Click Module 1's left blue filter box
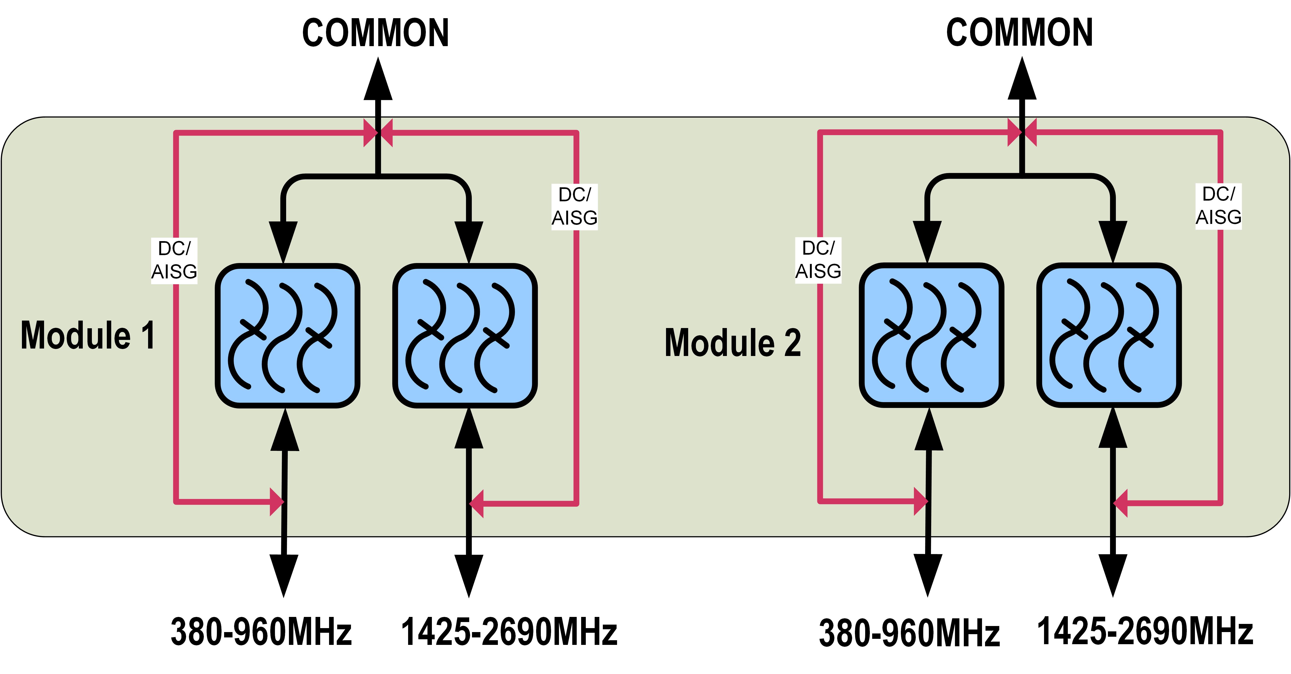point(288,335)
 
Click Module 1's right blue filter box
point(465,335)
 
